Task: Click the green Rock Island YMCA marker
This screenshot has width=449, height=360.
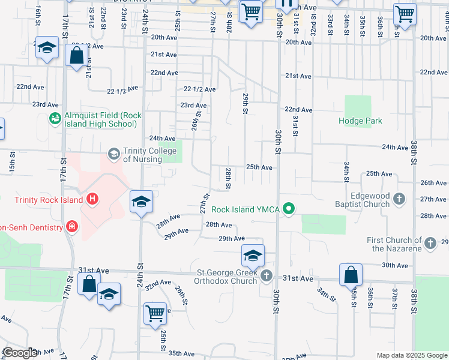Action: (x=289, y=209)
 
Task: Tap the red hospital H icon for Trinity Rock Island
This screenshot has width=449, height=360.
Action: (x=92, y=199)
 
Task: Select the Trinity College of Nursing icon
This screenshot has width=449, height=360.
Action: (x=113, y=154)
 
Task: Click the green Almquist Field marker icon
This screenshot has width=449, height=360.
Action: (x=55, y=118)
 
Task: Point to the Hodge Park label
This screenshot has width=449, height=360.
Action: (x=360, y=121)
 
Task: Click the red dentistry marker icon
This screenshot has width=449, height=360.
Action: (x=72, y=226)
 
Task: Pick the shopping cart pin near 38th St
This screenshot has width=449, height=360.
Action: (x=405, y=13)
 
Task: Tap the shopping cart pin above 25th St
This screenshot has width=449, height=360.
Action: (x=155, y=313)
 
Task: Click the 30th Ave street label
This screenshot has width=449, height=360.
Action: (x=394, y=265)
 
